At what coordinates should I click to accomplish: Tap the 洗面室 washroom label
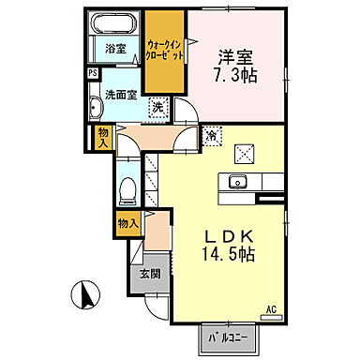[120, 94]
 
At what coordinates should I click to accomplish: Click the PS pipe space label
[92, 72]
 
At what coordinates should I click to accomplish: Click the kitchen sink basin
[237, 181]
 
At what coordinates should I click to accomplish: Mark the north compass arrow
[84, 295]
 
